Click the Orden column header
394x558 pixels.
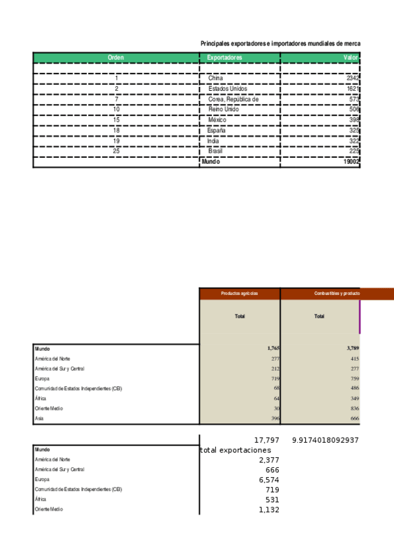click(116, 58)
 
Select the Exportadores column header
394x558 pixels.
click(224, 58)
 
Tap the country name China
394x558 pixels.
click(216, 78)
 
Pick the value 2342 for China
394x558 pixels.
click(353, 78)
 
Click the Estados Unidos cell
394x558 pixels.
click(228, 89)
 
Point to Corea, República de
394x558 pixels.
click(234, 99)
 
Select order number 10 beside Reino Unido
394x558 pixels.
click(116, 109)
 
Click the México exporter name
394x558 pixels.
click(217, 120)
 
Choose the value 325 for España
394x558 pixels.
click(354, 130)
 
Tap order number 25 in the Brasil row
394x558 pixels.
click(116, 151)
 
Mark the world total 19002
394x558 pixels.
click(351, 161)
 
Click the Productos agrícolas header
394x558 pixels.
click(239, 293)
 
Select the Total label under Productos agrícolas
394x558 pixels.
click(240, 317)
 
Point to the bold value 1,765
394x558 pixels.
click(274, 348)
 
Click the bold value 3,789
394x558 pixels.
click(353, 348)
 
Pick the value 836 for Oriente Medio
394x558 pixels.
click(354, 408)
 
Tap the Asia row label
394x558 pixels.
click(39, 419)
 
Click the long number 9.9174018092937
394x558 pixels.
click(325, 440)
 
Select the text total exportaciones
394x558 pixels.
click(235, 450)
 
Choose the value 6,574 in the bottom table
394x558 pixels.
click(269, 480)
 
